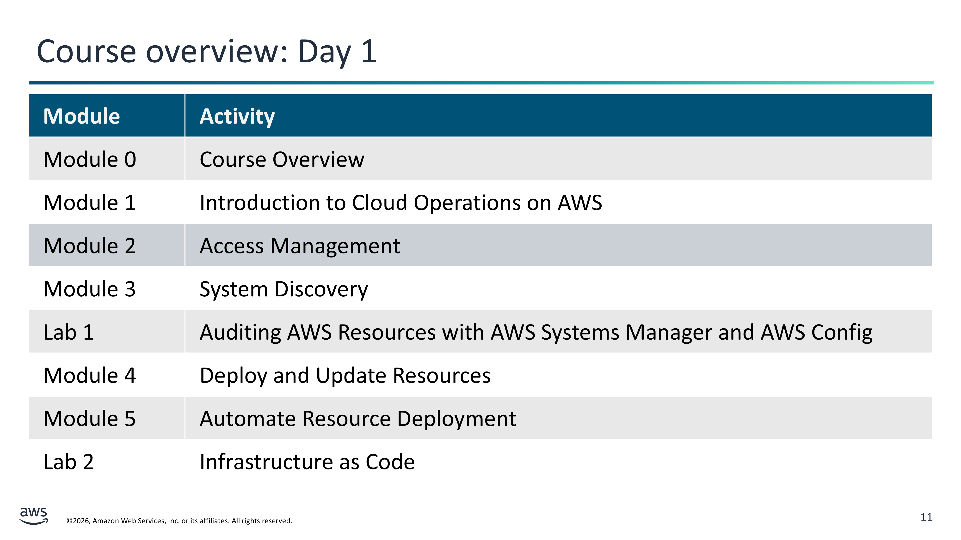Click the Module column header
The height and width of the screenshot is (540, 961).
[x=81, y=116]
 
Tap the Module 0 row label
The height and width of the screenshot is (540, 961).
[x=90, y=160]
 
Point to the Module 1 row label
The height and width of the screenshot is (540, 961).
[x=90, y=203]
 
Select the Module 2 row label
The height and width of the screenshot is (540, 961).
[x=90, y=246]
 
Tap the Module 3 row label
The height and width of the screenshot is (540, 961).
[x=90, y=289]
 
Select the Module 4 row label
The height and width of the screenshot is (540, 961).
[x=90, y=376]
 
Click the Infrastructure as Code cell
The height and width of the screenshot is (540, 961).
[x=307, y=462]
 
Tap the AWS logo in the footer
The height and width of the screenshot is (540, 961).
[x=34, y=516]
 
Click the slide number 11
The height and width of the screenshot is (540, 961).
[x=926, y=517]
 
